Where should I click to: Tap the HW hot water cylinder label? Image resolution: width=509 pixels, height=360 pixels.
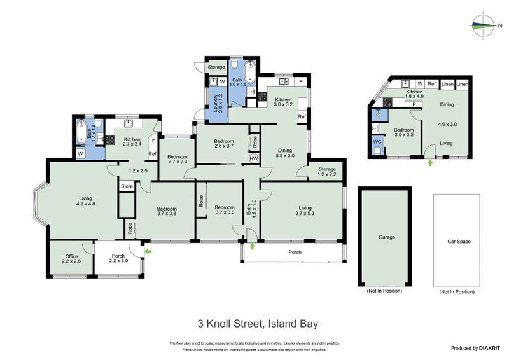pos(254,158)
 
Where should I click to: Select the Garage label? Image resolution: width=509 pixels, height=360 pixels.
pos(387,237)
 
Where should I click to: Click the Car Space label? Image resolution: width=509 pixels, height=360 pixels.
pos(459,242)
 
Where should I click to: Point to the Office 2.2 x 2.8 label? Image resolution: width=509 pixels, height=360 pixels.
pos(71,260)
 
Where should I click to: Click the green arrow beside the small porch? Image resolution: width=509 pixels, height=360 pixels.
pos(148,252)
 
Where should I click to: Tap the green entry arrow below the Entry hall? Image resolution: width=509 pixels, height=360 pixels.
pos(253,246)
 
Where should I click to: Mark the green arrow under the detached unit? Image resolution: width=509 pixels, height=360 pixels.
pos(430,163)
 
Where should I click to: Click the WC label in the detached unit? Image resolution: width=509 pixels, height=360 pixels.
pos(377,142)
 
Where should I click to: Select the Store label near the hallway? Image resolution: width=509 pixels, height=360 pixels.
pos(127,186)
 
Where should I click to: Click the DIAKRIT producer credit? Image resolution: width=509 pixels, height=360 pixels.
pos(473,348)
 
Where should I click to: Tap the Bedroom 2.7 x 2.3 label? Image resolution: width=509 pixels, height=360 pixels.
pos(177,160)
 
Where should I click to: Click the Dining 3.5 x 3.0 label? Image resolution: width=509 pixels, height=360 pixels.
pos(284,152)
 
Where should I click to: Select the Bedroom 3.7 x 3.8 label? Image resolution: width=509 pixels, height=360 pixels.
pos(167,211)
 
